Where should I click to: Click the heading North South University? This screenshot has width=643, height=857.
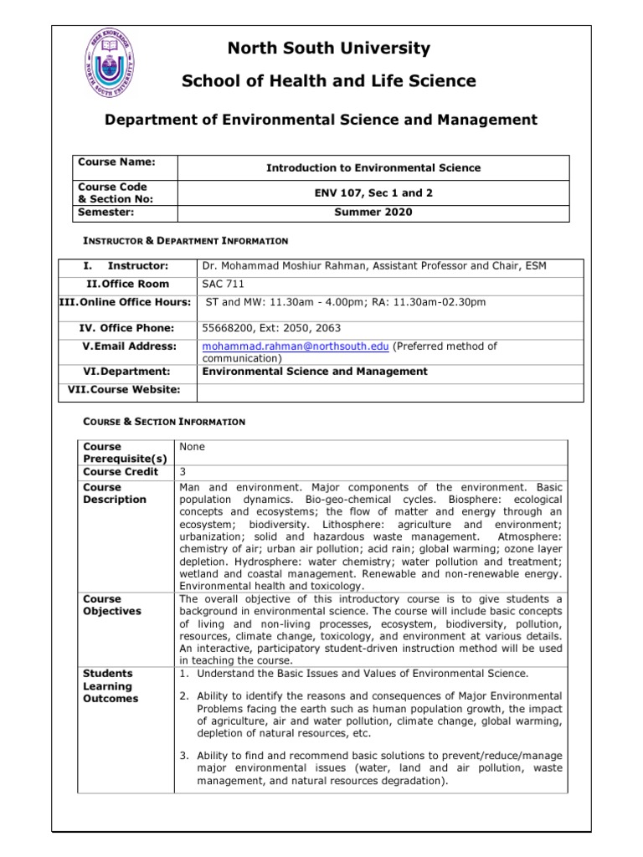[x=321, y=49]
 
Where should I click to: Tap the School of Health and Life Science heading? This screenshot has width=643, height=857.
[x=321, y=81]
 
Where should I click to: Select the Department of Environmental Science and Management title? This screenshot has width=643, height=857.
[x=321, y=121]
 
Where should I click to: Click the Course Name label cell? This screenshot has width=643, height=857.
[x=112, y=162]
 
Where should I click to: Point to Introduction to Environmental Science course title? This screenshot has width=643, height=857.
[x=373, y=168]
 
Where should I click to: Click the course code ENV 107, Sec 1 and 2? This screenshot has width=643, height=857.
[x=373, y=192]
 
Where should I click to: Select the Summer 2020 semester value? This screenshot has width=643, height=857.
[x=373, y=213]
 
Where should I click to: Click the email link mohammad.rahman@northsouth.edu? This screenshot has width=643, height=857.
[x=295, y=346]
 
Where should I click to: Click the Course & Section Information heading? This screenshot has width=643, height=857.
[x=163, y=422]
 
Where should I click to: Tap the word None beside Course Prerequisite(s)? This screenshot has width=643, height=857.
[x=193, y=447]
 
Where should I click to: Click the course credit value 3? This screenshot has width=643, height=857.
[x=183, y=472]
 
